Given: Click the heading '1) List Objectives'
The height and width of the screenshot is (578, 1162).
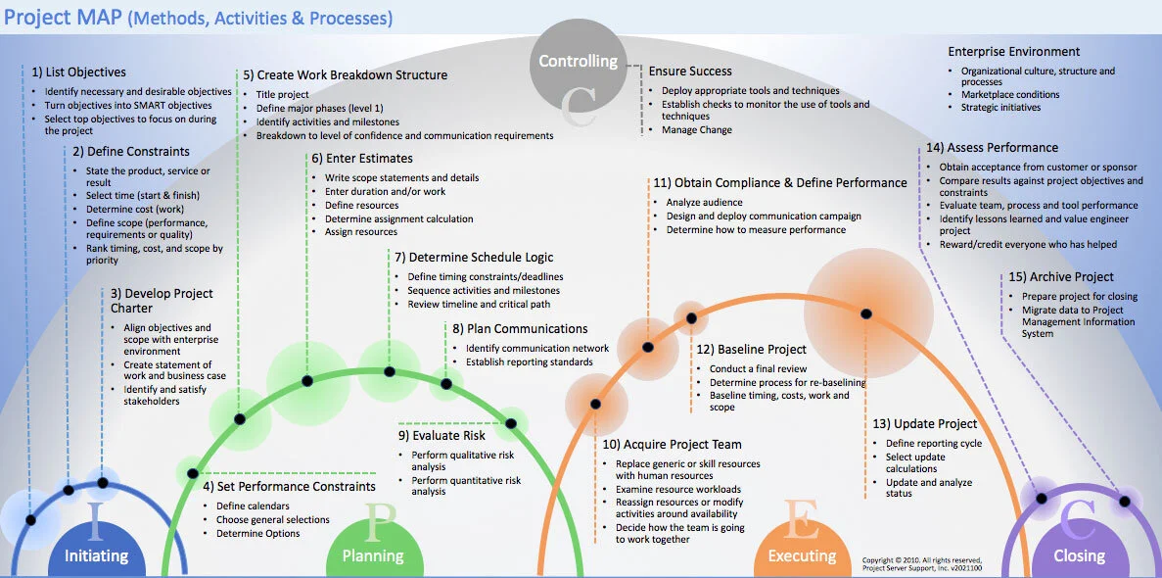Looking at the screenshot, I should [78, 72].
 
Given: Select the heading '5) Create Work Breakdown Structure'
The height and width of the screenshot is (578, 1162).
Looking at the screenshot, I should [345, 74].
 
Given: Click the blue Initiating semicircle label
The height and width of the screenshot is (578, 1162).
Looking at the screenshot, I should [96, 555].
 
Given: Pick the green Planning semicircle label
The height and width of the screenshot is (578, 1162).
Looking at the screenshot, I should [372, 555].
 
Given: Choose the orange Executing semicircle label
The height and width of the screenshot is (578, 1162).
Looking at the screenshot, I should [802, 555].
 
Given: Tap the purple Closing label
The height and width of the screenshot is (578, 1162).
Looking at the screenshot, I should [1079, 555].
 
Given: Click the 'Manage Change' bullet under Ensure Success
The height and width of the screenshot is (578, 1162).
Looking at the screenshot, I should [696, 129].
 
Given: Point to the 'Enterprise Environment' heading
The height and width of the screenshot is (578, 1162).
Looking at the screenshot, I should [1013, 51].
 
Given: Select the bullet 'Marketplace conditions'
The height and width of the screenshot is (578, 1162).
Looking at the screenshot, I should [1009, 95].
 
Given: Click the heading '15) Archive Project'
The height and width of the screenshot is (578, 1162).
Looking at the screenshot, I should [1061, 277].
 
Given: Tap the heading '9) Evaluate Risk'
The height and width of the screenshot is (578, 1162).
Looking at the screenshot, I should [442, 435].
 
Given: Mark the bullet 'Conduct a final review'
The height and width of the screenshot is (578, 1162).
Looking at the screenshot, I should [758, 369].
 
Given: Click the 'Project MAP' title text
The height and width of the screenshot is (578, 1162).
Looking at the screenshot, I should [64, 18].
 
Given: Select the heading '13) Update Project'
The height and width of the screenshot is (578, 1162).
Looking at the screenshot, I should [924, 424].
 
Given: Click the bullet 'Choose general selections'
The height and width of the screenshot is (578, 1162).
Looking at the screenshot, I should [272, 519].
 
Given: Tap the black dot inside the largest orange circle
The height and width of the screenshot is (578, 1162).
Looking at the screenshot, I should [865, 313].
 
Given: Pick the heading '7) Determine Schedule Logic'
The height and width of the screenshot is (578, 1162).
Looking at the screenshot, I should [474, 257].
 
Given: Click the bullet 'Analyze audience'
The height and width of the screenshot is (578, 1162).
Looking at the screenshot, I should [704, 203].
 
